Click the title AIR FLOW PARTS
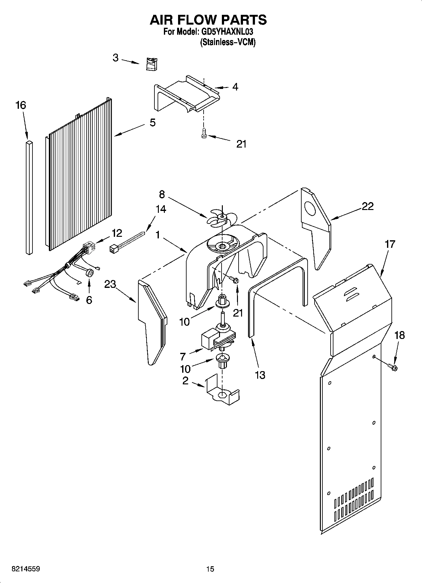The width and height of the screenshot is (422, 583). coord(208,20)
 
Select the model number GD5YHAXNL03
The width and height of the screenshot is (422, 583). coord(227,32)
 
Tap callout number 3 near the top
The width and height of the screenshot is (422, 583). coord(116,58)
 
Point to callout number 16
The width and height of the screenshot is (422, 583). coord(21,105)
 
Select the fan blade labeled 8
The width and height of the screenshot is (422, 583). coord(222,218)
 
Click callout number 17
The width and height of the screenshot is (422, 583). coord(390,244)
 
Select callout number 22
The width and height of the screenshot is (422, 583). coord(367,206)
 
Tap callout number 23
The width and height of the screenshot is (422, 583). coord(110,284)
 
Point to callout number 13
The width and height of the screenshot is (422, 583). coord(260,375)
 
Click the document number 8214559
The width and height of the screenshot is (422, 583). coord(26,569)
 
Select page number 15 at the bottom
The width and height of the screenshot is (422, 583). coord(210,569)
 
